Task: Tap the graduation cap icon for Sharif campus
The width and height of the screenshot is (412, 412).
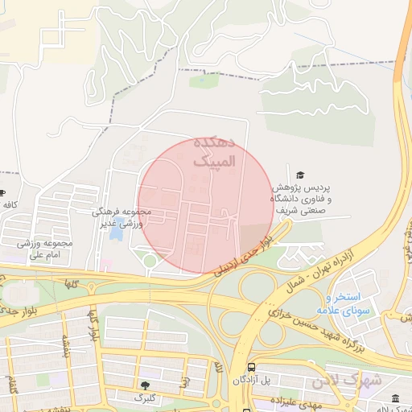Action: point(300,175)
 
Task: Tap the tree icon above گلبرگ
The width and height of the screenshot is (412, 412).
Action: point(145,385)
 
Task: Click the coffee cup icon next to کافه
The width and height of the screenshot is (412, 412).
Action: point(2,193)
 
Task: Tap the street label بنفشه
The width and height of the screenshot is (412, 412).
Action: point(59,343)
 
